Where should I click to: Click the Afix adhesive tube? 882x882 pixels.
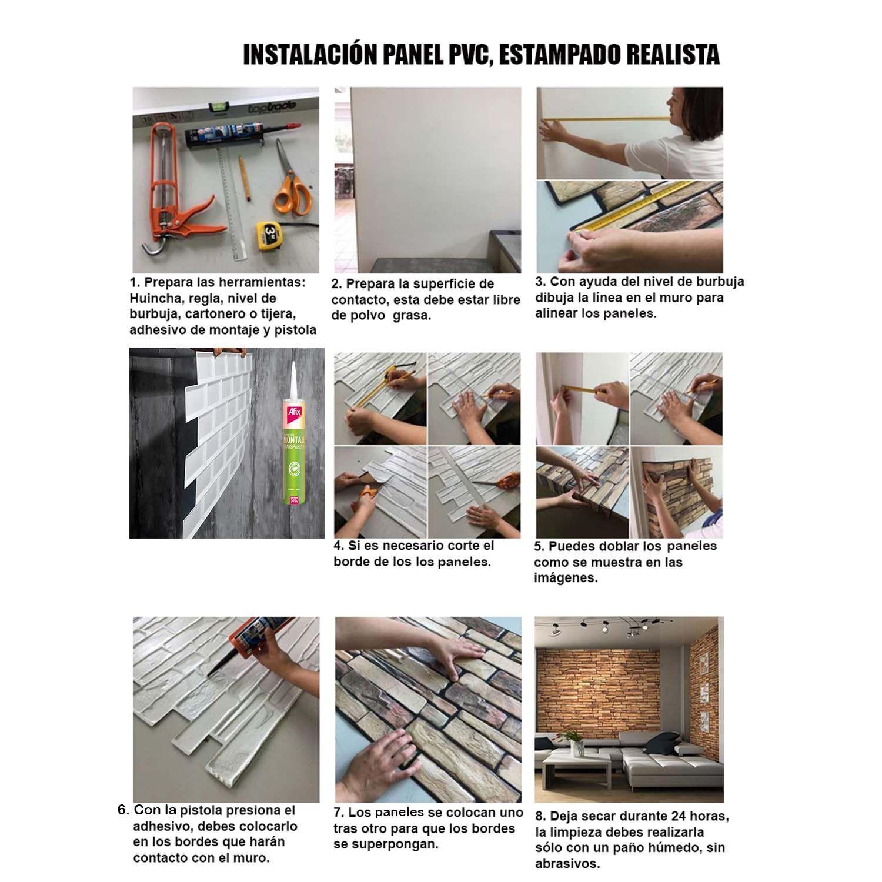[295, 447]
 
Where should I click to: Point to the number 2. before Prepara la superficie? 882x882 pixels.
[337, 284]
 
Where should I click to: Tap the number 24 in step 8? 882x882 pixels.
[679, 817]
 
